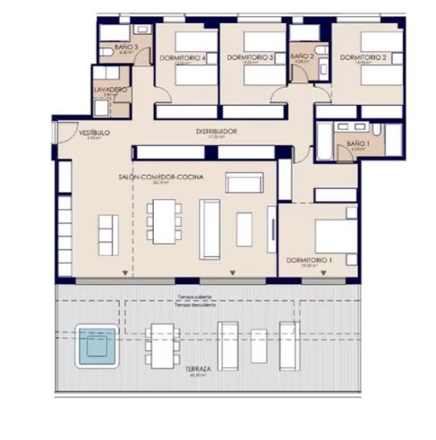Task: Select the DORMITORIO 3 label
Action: pos(251,56)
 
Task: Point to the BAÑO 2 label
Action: pos(303,56)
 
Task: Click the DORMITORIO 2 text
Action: pos(363,56)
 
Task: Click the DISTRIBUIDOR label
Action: pos(217,131)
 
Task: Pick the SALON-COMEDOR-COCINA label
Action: pos(161,177)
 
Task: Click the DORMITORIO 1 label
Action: pos(309,259)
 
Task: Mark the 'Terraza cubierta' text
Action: pos(195,295)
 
